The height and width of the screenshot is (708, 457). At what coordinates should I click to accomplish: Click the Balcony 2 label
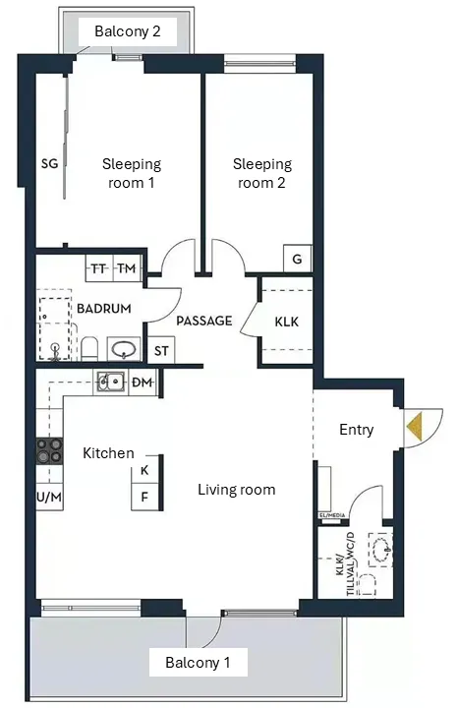point(127,31)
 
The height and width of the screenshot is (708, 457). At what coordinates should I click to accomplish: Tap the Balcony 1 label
point(198,663)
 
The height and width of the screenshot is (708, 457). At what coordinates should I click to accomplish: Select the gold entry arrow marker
point(415,426)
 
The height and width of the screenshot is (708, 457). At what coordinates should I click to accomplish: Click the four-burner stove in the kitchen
point(49,450)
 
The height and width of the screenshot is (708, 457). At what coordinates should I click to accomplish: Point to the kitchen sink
point(111,382)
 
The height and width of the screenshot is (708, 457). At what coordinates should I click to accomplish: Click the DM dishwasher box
point(143,383)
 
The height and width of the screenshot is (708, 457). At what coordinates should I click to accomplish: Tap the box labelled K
point(144,470)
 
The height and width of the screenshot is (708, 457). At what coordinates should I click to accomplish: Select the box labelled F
point(144,497)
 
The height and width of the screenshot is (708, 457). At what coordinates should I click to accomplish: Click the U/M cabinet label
point(49,498)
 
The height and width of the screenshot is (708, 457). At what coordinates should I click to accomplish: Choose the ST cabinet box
point(161,350)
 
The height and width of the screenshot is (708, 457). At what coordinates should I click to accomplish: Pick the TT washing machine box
point(99,268)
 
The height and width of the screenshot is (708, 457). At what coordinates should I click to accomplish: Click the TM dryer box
point(127,268)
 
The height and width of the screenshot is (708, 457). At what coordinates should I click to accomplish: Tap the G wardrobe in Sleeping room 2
point(298,259)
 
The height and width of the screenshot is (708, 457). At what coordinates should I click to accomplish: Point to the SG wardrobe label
point(49,163)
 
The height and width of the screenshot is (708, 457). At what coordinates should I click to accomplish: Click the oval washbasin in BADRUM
point(124,349)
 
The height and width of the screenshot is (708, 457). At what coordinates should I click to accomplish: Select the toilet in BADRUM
point(89,348)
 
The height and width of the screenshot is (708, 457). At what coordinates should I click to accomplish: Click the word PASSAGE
point(204,321)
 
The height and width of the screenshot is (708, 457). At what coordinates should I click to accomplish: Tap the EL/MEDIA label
point(332,515)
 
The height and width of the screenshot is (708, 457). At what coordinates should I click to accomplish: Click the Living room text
point(237,490)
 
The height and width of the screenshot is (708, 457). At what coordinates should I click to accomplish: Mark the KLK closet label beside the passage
point(286,322)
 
